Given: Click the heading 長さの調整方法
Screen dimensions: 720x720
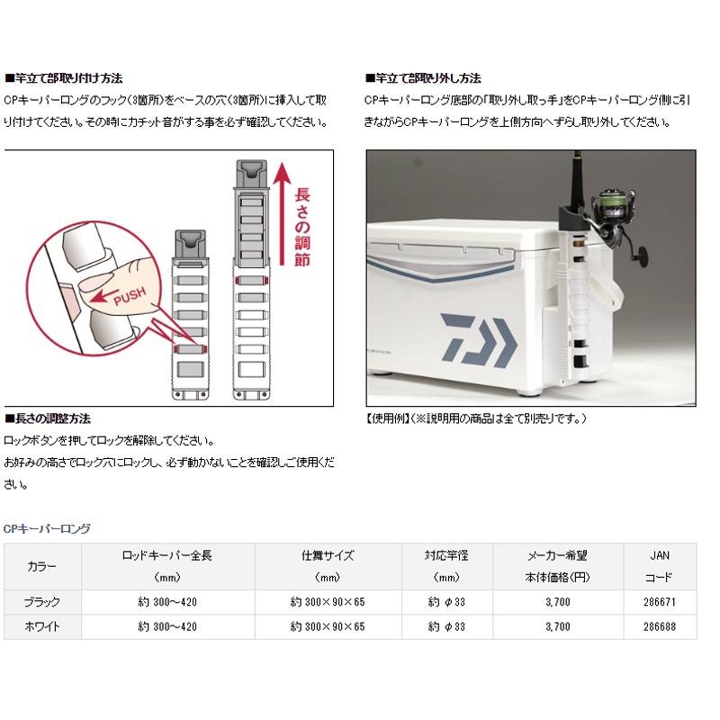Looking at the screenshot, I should (50, 419).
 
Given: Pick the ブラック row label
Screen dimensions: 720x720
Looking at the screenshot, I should (42, 601).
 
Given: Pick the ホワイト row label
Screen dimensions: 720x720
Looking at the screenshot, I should (42, 626).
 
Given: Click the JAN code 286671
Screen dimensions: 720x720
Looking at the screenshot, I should (660, 601).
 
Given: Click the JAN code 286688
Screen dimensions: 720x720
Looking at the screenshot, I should (660, 626).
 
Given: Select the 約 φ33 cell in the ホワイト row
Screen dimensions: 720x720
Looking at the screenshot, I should (446, 626).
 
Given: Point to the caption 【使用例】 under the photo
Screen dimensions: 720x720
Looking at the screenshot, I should (388, 418).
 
